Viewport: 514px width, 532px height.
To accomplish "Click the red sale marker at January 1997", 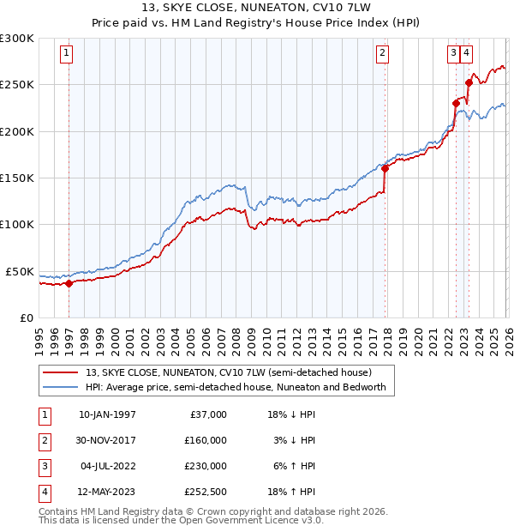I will [x=69, y=283].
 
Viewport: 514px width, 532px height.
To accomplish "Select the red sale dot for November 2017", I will [x=385, y=168].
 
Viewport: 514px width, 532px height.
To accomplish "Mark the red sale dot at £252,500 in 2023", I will [x=469, y=82].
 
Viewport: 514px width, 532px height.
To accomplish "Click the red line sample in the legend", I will [x=61, y=373].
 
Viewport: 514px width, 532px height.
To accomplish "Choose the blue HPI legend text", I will [x=236, y=387].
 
